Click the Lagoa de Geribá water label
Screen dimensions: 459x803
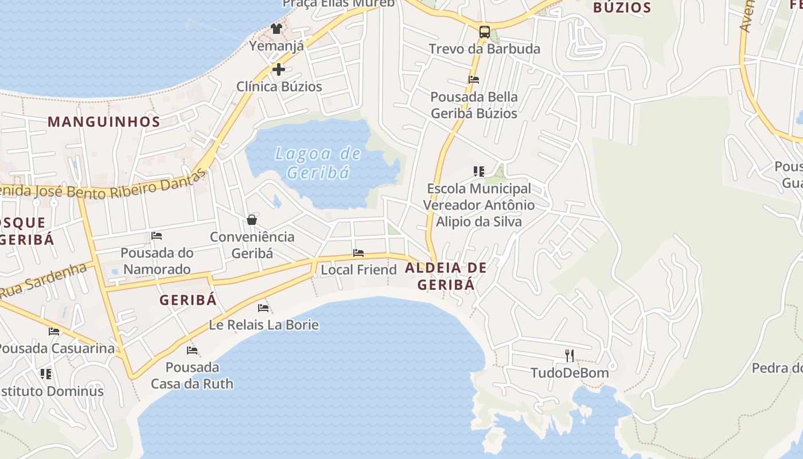[318, 163]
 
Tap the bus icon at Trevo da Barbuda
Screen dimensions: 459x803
[485, 32]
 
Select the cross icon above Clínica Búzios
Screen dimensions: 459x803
[279, 69]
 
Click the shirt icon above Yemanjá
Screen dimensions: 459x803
[276, 28]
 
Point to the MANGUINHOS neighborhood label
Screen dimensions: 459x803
[104, 122]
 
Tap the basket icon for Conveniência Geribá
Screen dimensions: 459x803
[252, 220]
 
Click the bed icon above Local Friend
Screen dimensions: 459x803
[358, 253]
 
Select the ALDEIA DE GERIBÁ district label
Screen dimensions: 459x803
[446, 276]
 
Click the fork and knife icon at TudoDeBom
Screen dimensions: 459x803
[570, 356]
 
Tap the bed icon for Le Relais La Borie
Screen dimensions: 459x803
[263, 308]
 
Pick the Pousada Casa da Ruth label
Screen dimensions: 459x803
[192, 375]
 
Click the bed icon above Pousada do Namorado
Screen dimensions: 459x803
[157, 236]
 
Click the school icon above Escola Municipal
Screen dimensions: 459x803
[479, 171]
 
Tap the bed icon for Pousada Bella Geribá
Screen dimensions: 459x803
[474, 80]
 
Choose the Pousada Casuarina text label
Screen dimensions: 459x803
[56, 348]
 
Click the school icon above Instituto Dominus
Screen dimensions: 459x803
[46, 374]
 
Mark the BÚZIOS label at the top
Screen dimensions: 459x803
[622, 7]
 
